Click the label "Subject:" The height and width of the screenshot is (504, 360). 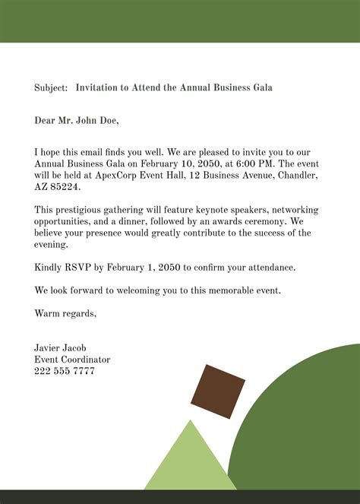(x=51, y=87)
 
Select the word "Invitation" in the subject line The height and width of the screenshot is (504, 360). (x=99, y=87)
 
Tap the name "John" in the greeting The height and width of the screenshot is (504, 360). (x=85, y=119)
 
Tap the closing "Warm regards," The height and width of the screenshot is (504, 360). (x=65, y=313)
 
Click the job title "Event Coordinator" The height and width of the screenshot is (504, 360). (x=72, y=359)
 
